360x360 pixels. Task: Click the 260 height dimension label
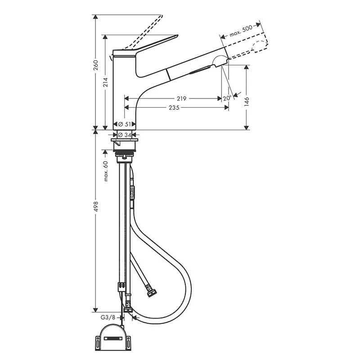tap(95, 66)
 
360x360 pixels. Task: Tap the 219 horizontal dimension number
tap(182, 98)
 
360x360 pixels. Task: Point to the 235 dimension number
tap(175, 108)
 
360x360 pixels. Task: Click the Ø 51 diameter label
tap(126, 124)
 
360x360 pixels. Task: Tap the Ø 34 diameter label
tap(126, 135)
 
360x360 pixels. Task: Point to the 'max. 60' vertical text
tap(105, 171)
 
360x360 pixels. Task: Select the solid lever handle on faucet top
tap(148, 45)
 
